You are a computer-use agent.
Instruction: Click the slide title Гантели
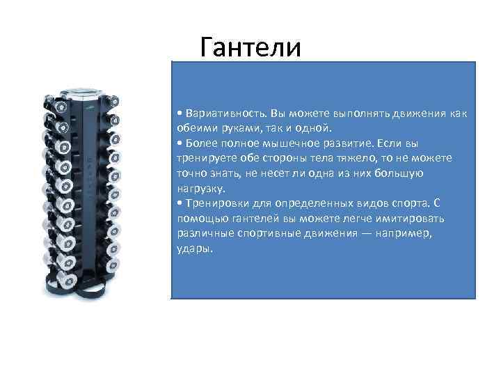pos(250,47)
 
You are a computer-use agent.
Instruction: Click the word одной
pos(318,128)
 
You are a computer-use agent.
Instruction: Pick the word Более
pos(200,143)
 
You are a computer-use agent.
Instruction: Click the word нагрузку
pos(200,188)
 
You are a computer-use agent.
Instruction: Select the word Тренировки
pos(216,203)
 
